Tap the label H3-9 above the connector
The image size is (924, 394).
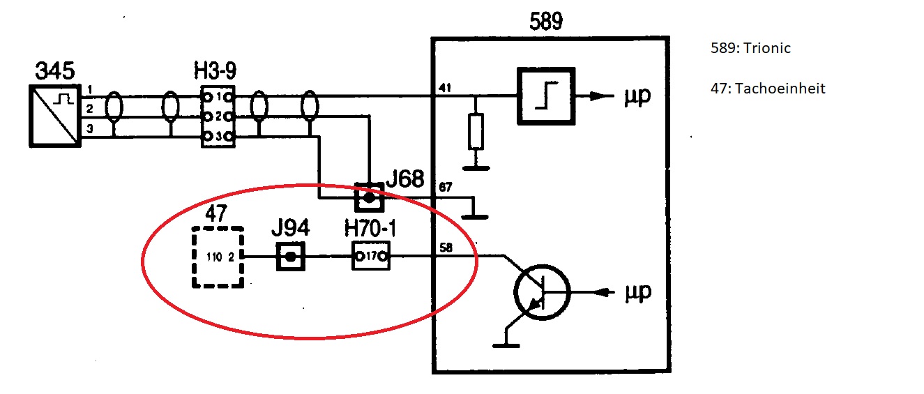(x=215, y=70)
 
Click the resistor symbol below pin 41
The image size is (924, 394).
(x=476, y=131)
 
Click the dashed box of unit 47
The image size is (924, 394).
(x=193, y=257)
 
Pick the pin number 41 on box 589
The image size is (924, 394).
(x=445, y=87)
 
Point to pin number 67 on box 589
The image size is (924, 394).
(x=446, y=188)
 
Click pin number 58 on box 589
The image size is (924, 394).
(x=446, y=248)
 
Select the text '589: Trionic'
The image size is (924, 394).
(x=750, y=48)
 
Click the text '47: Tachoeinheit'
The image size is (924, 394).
(x=768, y=89)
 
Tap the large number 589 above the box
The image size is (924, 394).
(x=546, y=22)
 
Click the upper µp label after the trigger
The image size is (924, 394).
(x=637, y=96)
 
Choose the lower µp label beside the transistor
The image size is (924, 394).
(x=638, y=292)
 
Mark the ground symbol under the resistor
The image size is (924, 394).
(x=476, y=168)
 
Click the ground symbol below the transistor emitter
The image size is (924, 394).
(x=506, y=345)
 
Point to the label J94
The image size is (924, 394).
(x=290, y=228)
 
